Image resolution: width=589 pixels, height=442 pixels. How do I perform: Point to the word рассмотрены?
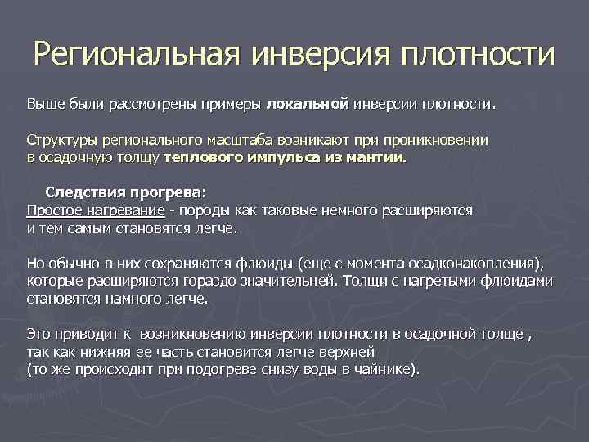click(x=154, y=105)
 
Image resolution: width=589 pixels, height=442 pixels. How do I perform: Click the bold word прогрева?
click(x=163, y=193)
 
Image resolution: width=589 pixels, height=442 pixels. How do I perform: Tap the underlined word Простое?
click(x=51, y=210)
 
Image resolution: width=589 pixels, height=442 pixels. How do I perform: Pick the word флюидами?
click(x=517, y=281)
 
